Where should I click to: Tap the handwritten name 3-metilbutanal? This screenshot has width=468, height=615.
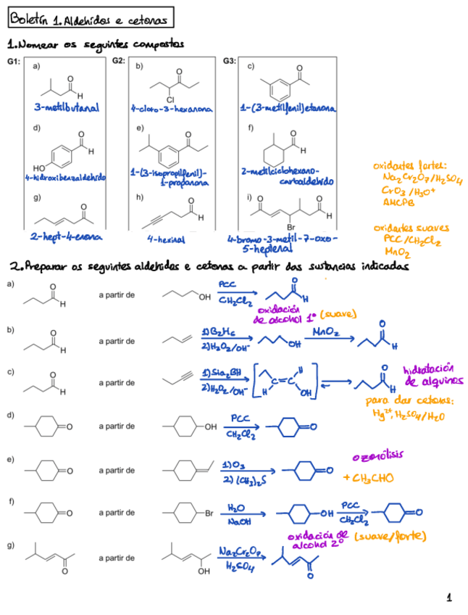66,108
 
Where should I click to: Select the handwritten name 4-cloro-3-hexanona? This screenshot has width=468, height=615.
171,109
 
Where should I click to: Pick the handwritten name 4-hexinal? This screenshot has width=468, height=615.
166,238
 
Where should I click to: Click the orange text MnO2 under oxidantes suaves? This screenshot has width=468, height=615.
396,252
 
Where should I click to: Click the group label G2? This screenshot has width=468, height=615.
120,61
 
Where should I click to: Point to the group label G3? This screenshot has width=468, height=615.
230,61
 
